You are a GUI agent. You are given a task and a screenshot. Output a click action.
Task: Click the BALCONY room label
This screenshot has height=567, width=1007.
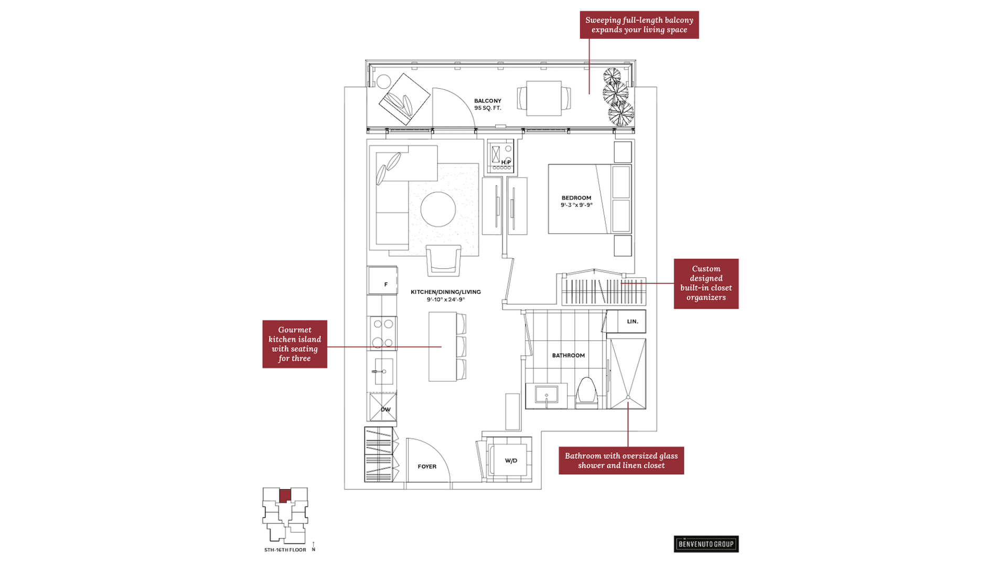tap(488, 101)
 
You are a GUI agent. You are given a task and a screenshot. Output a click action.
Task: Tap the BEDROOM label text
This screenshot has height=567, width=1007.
tap(576, 198)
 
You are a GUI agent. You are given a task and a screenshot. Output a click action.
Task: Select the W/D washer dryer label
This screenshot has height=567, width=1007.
tap(511, 461)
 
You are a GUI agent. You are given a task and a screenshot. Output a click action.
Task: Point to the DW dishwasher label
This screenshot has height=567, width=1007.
tap(385, 409)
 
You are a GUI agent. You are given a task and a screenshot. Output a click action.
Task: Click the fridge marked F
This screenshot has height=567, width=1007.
tap(382, 280)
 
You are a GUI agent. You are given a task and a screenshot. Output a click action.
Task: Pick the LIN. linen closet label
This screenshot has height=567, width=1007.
tap(633, 321)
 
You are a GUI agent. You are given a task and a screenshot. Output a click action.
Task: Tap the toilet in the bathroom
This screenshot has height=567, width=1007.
tap(586, 393)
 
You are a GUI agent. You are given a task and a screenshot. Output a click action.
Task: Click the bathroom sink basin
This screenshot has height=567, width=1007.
tap(547, 394)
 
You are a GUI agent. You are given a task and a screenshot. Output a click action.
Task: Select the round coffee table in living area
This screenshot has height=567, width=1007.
tap(438, 209)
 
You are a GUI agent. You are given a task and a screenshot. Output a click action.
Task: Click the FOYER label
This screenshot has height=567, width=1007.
tap(427, 467)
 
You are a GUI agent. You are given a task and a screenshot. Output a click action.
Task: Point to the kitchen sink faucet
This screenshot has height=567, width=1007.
tap(379, 372)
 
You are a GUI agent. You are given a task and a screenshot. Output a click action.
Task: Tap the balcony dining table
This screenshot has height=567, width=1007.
tap(544, 98)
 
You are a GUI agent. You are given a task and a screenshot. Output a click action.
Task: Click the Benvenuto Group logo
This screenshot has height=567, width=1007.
tap(706, 544)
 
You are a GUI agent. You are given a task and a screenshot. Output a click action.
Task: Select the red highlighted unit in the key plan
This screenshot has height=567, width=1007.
tap(285, 496)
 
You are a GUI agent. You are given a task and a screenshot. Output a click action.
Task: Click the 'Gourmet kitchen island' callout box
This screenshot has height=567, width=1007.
tap(295, 344)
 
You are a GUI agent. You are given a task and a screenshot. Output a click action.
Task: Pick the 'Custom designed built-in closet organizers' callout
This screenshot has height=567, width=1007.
tap(706, 283)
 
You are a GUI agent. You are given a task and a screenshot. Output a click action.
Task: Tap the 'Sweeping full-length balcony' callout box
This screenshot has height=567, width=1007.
tap(639, 25)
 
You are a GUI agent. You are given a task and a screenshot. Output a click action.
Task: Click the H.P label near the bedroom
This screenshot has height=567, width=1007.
tap(506, 162)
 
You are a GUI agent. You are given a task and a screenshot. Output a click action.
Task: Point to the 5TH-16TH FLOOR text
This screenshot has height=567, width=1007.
tap(285, 550)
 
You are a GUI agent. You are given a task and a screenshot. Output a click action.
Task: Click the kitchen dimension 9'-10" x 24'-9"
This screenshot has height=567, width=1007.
tap(446, 300)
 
